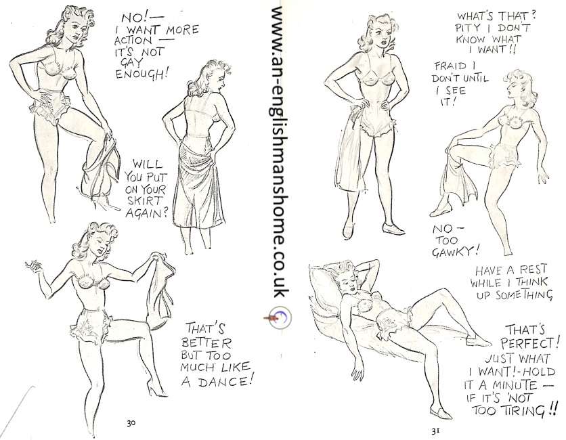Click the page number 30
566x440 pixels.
tap(131, 422)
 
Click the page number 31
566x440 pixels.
tap(435, 431)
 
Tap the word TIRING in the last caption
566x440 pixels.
tap(525, 411)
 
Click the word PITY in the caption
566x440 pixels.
tap(471, 28)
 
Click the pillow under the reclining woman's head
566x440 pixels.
tap(323, 289)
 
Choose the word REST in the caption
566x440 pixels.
tap(533, 270)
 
